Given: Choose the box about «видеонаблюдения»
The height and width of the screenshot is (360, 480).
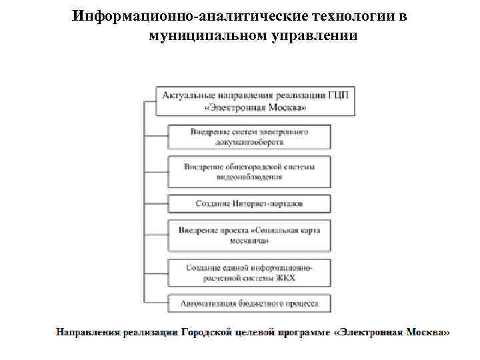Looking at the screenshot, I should (249, 172).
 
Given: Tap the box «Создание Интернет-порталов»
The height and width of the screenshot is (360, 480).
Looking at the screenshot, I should (249, 203).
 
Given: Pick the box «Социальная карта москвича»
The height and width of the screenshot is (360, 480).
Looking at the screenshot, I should (249, 235).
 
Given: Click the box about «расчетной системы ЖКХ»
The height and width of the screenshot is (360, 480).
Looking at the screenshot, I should (249, 272).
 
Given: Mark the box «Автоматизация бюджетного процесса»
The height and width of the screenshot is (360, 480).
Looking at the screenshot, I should (249, 303).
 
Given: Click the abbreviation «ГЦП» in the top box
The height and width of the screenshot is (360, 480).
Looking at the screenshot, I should (338, 95).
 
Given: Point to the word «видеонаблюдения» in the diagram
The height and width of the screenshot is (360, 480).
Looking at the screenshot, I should (249, 177).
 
